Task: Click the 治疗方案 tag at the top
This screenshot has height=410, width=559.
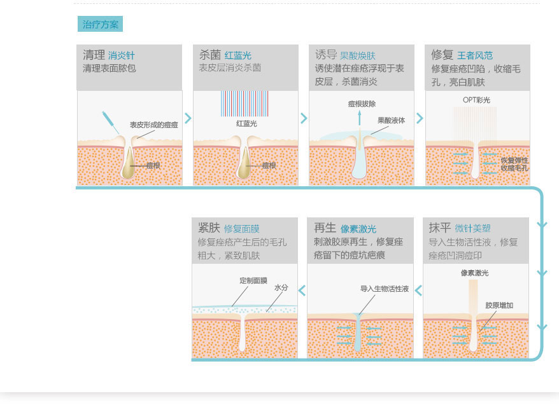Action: click(100, 24)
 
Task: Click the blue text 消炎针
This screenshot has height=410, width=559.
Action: click(121, 55)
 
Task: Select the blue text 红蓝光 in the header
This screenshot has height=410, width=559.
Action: click(237, 55)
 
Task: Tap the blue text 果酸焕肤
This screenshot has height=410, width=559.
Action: click(358, 55)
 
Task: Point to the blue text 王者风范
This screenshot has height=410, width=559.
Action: click(475, 55)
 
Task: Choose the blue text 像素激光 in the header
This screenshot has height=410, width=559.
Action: click(358, 229)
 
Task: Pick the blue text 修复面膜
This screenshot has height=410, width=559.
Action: click(241, 229)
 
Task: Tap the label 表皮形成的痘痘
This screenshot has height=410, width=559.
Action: click(153, 125)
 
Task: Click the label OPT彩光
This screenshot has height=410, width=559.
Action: click(476, 100)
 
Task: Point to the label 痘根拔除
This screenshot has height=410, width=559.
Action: click(361, 104)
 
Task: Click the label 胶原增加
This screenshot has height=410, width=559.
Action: click(499, 305)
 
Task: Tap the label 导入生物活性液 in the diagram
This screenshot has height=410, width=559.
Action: click(384, 288)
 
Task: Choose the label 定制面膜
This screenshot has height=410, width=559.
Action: click(253, 280)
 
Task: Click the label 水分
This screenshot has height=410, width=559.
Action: click(281, 287)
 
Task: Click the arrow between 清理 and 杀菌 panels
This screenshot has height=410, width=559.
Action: click(188, 118)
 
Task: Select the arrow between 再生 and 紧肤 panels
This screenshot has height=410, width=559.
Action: click(302, 290)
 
